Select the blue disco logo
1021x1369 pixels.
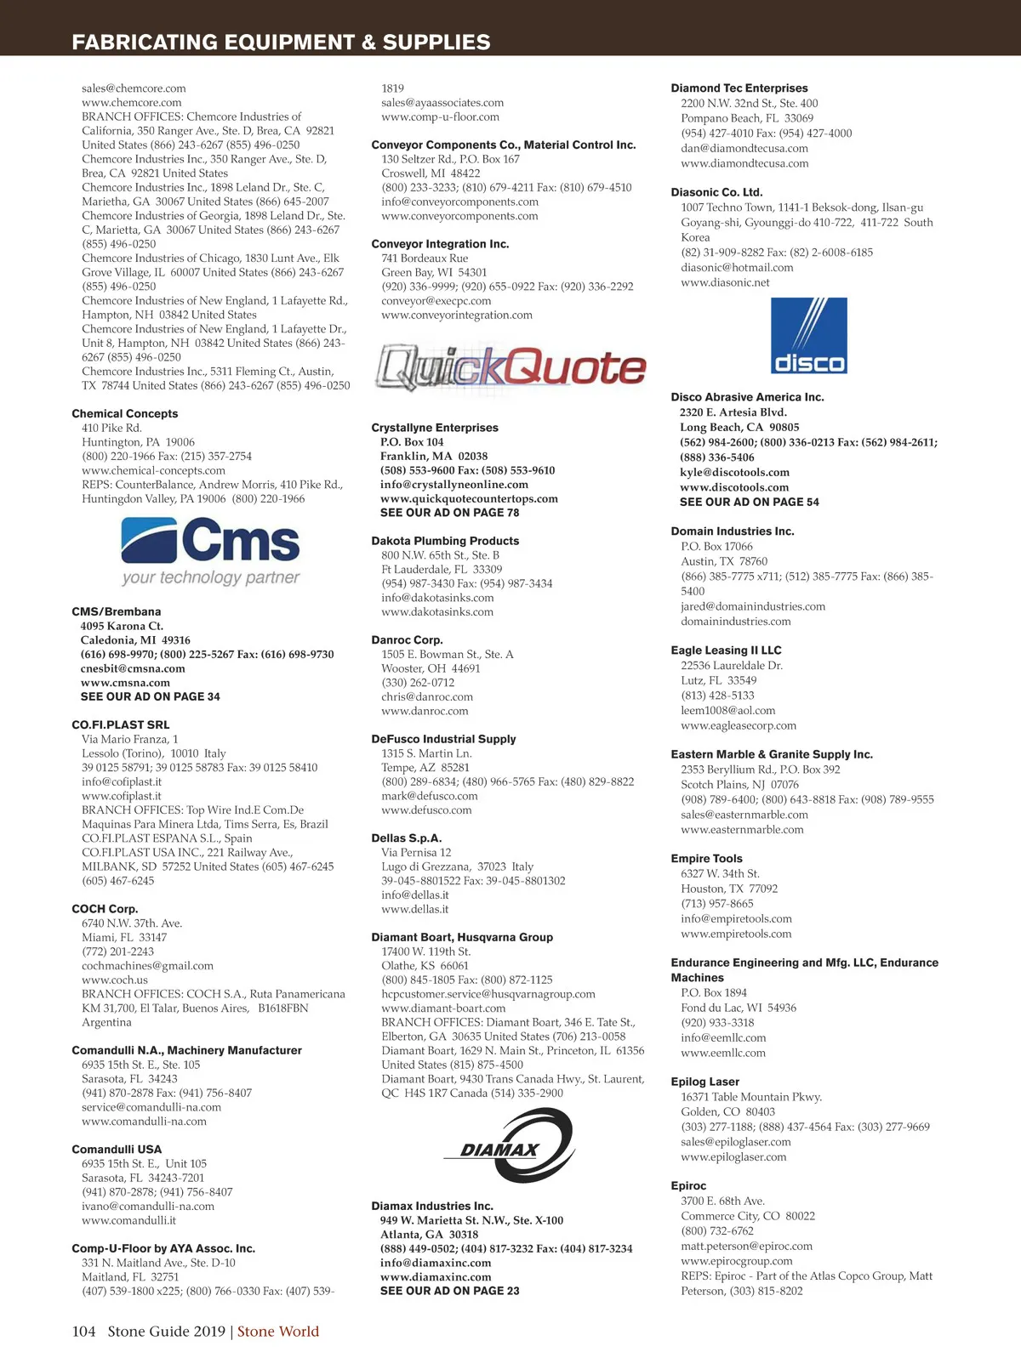808,336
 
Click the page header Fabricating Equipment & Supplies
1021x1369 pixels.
281,43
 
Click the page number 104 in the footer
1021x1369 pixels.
83,1332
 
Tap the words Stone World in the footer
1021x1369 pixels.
278,1332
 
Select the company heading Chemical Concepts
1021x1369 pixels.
125,414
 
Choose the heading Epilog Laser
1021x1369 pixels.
704,1082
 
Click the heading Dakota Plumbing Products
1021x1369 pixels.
445,541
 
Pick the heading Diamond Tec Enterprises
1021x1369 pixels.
739,88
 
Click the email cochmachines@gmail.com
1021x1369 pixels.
147,966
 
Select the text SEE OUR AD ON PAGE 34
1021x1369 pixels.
150,696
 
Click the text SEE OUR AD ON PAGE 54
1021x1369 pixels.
749,502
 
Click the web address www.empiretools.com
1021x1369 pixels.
735,934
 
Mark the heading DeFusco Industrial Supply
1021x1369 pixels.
443,739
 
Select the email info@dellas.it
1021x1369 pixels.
414,895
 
